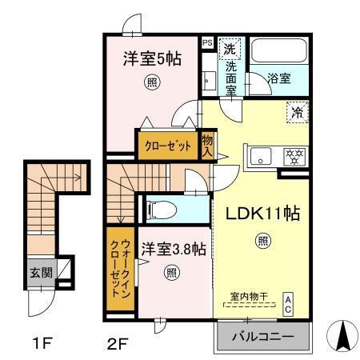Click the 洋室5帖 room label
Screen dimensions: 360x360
coord(151,58)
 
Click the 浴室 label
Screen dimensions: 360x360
coord(279,79)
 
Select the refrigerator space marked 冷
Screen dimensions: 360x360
coord(297,113)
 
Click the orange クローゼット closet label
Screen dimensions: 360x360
coord(168,146)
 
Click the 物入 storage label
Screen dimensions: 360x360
coord(207,146)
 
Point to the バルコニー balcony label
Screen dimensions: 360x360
coord(262,337)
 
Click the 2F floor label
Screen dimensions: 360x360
coord(118,345)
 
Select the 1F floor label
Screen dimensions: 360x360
coord(43,345)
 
